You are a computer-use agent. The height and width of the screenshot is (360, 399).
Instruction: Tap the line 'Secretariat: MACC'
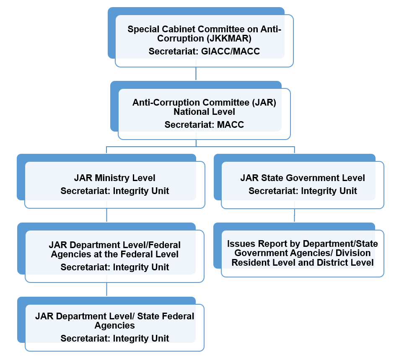204,124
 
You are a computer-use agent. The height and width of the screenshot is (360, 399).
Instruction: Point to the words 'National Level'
204,112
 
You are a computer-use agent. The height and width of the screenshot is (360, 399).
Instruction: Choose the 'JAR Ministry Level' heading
114,178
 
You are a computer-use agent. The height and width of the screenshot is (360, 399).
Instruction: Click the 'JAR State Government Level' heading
303,178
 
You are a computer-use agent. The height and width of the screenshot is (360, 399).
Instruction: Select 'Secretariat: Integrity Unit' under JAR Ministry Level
114,191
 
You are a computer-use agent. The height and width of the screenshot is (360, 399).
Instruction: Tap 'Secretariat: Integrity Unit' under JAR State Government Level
303,191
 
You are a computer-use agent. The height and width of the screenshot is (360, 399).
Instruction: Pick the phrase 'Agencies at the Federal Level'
114,254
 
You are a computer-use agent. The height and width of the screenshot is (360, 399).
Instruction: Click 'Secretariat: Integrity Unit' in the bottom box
114,338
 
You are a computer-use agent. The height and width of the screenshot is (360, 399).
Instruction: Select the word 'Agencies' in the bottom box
114,326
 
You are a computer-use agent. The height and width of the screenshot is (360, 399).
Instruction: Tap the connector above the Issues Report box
294,216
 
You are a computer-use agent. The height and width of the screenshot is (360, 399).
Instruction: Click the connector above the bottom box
106,290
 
